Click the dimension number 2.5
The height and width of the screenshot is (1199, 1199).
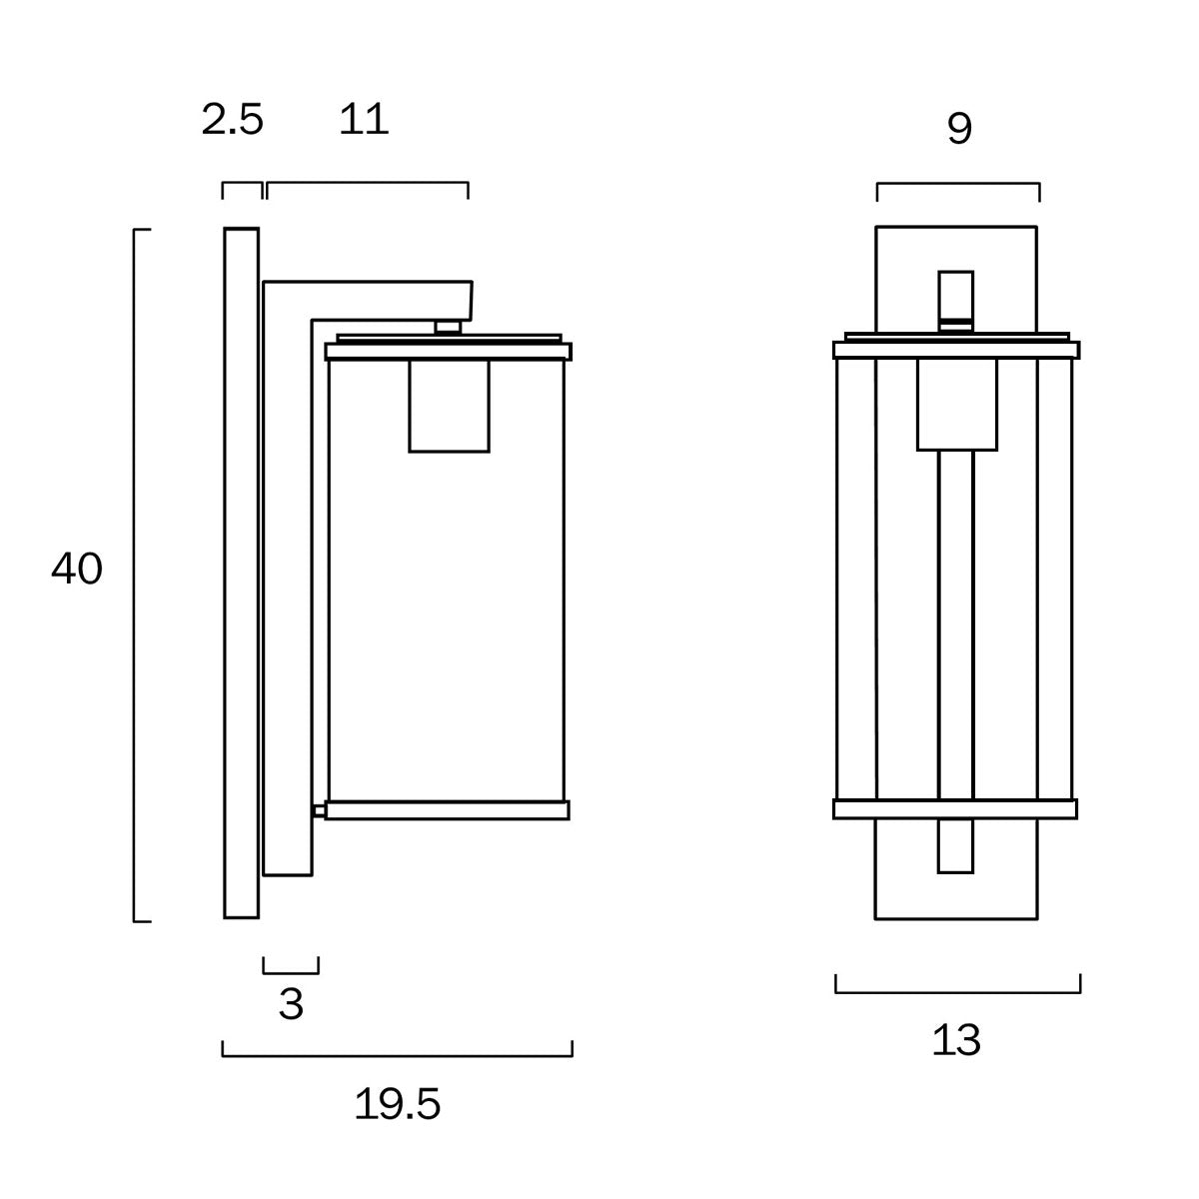click(232, 121)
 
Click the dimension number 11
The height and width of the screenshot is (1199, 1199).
click(364, 121)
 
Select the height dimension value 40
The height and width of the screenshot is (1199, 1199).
click(77, 571)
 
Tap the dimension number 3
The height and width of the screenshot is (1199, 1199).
click(291, 1004)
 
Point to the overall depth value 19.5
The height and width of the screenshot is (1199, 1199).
click(397, 1105)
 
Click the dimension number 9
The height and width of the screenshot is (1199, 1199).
click(958, 129)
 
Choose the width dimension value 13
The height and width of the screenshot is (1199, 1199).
click(957, 1041)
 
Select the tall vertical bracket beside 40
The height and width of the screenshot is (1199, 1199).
click(135, 575)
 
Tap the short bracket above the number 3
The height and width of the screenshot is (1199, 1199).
click(291, 971)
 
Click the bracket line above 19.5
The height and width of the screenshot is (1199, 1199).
click(397, 1054)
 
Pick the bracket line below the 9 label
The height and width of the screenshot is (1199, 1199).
click(958, 185)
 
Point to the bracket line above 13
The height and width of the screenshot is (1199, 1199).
click(957, 992)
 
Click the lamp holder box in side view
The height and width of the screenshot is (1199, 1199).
click(450, 406)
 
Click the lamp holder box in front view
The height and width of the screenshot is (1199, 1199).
click(958, 404)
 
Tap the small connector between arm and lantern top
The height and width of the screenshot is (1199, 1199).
click(449, 326)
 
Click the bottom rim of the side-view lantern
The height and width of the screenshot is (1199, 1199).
click(447, 810)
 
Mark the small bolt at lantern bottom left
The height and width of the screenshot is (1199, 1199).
click(319, 811)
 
